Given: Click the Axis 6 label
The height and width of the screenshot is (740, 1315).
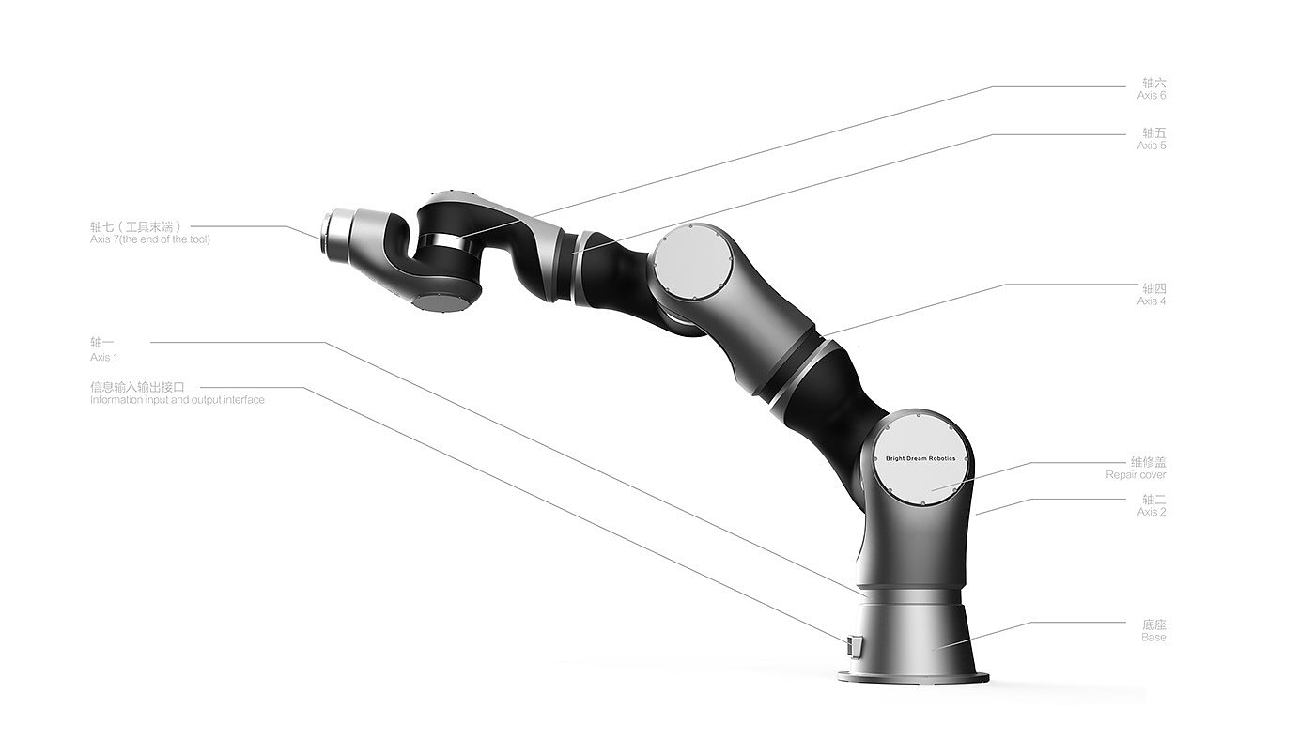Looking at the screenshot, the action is [1152, 89].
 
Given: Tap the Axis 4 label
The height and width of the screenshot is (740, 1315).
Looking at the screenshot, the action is [1152, 295].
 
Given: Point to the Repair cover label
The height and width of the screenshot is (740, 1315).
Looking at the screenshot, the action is [1136, 469].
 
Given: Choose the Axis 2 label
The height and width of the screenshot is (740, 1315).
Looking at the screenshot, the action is [1152, 505].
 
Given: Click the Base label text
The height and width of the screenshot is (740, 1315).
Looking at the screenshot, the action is [1153, 637].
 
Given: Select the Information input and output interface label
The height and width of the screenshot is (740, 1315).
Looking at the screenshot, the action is [178, 400].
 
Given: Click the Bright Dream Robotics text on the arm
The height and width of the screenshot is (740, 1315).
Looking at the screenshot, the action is [920, 458].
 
